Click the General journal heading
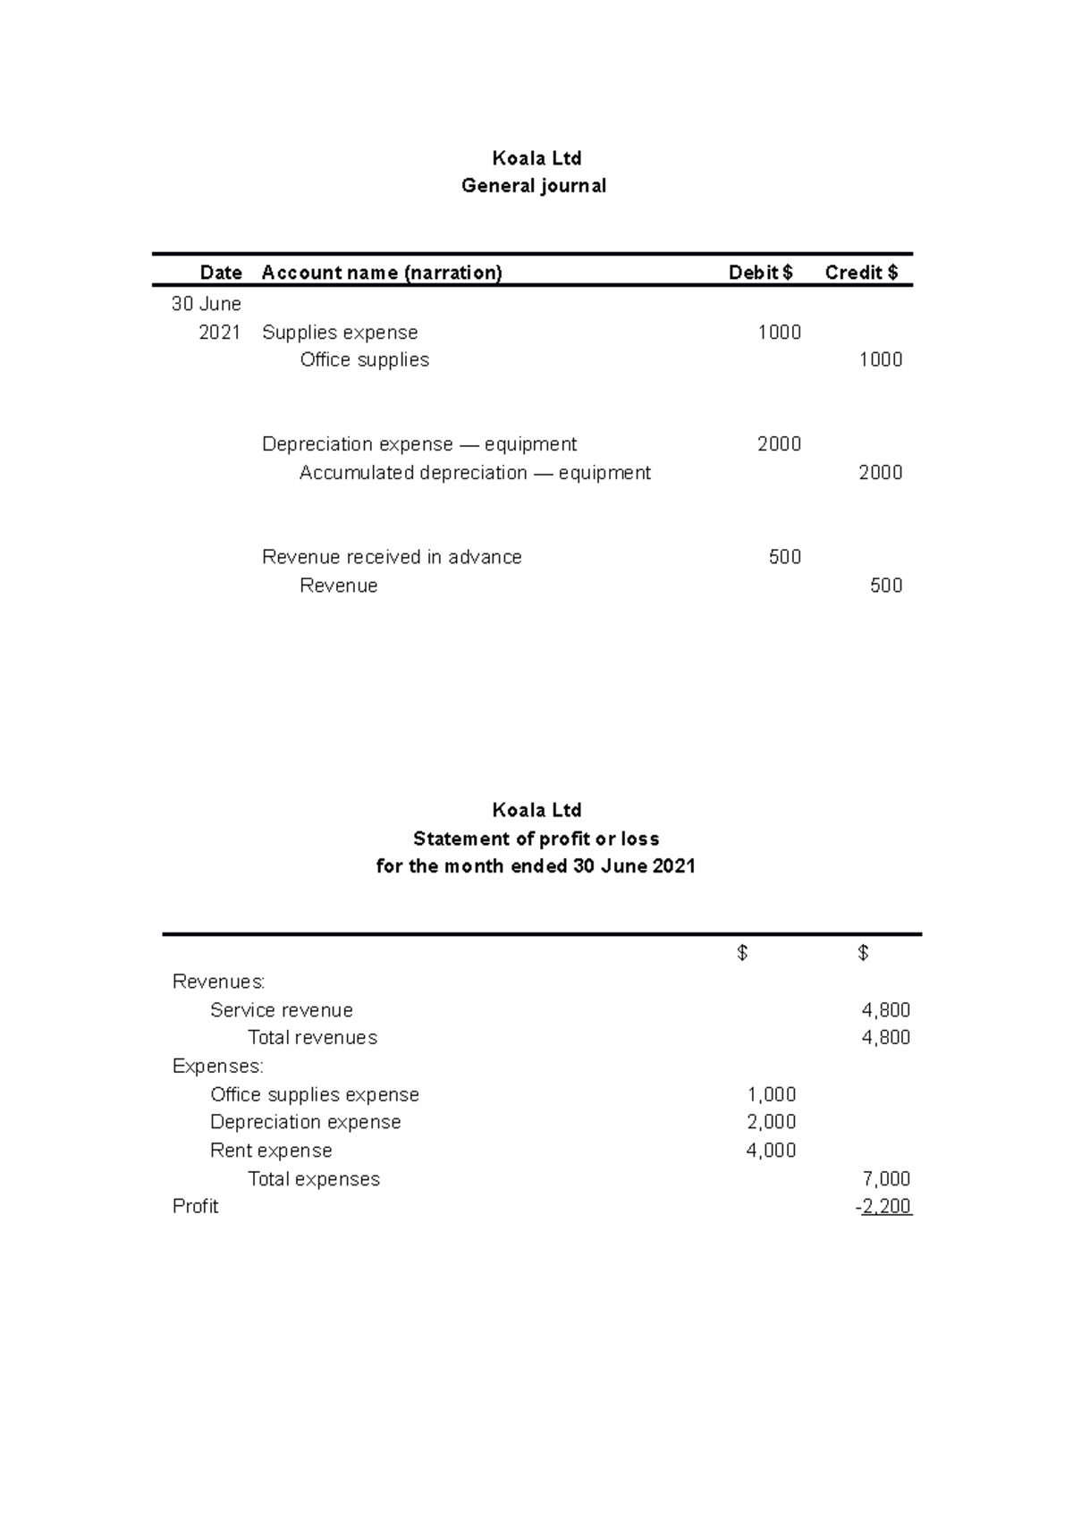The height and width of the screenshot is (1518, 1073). coord(534,186)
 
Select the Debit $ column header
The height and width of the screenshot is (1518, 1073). coord(760,273)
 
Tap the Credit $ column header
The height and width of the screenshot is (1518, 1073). coord(861,273)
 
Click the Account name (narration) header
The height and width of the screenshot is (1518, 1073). coord(382,273)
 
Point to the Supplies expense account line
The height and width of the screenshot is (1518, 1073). coord(340,333)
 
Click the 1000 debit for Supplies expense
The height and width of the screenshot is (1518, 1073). coord(779,333)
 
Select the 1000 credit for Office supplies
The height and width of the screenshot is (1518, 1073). coord(880,360)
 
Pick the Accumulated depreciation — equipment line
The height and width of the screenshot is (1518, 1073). coord(475,473)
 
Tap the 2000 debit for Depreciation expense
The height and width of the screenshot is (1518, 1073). coord(779,444)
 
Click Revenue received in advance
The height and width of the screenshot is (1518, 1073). coord(392,557)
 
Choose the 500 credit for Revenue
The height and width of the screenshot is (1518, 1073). coord(885,586)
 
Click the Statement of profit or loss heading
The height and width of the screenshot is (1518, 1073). coord(536,839)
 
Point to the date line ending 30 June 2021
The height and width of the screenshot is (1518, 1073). coord(536,866)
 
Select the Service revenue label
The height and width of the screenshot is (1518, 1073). coord(281,1010)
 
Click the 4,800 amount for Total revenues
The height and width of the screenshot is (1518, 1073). coord(885,1038)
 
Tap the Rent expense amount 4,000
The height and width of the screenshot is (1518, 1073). coord(771,1151)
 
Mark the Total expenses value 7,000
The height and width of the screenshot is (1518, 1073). coord(885,1179)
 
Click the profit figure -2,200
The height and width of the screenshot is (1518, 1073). coord(883,1207)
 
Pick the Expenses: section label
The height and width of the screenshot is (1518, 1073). coord(217,1067)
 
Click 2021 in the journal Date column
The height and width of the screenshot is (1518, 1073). coord(219,333)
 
